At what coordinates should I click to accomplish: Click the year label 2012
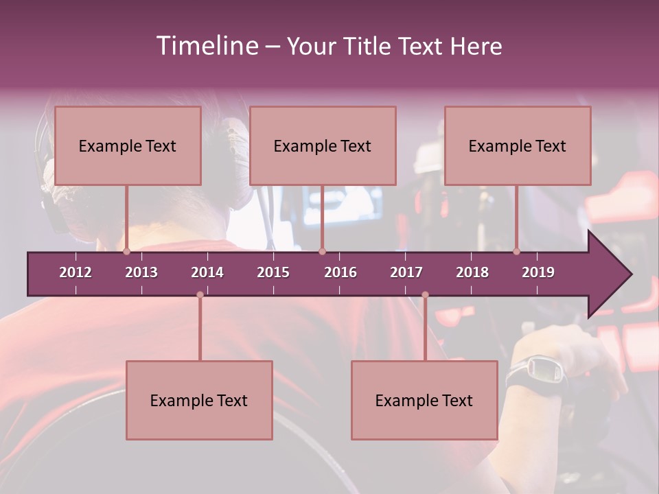pyautogui.click(x=76, y=272)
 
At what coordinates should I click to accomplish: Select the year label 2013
pyautogui.click(x=141, y=272)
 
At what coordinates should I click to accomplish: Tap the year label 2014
pyautogui.click(x=207, y=272)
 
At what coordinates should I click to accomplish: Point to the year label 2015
pyautogui.click(x=273, y=272)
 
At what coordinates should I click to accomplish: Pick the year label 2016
pyautogui.click(x=340, y=272)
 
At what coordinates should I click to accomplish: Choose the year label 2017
pyautogui.click(x=406, y=272)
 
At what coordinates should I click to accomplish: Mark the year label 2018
pyautogui.click(x=472, y=272)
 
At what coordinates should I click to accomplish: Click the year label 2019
pyautogui.click(x=538, y=272)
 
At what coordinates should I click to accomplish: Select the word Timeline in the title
pyautogui.click(x=205, y=46)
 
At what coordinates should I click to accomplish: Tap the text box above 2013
pyautogui.click(x=128, y=145)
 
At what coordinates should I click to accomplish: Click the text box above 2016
pyautogui.click(x=323, y=145)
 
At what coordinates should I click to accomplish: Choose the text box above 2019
pyautogui.click(x=518, y=145)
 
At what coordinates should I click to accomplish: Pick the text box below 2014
pyautogui.click(x=199, y=400)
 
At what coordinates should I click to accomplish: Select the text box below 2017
pyautogui.click(x=424, y=400)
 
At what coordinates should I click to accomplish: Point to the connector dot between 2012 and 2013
pyautogui.click(x=126, y=252)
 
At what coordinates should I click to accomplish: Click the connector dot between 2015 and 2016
pyautogui.click(x=322, y=252)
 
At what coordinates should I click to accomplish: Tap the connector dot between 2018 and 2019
pyautogui.click(x=516, y=252)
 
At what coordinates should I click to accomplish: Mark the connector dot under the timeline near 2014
pyautogui.click(x=200, y=295)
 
